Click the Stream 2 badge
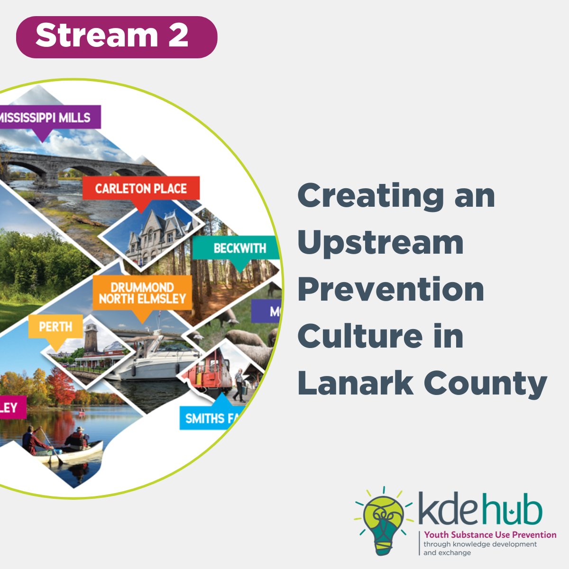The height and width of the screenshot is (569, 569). coord(116,37)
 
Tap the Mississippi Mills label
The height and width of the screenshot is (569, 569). coord(47,117)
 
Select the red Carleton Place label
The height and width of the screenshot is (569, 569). coord(141,188)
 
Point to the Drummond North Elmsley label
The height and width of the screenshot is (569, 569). coord(142,293)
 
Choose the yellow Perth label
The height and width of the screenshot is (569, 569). coord(55,327)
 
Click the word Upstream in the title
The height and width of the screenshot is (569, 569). coord(380,242)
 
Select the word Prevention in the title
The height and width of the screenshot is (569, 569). coord(391,289)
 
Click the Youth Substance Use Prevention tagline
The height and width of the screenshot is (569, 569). coord(490,535)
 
